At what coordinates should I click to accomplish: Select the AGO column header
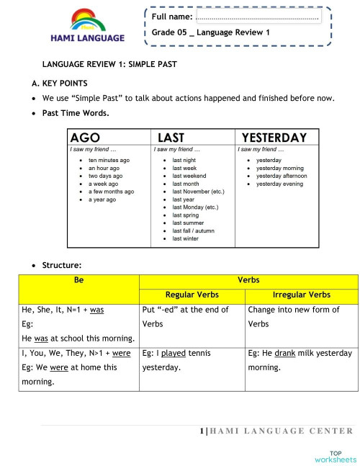[85, 138]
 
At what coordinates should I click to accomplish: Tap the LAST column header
[171, 138]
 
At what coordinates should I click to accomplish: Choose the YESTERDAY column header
[274, 138]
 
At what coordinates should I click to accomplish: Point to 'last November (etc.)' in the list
[198, 192]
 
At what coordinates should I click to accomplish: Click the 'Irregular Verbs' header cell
[302, 294]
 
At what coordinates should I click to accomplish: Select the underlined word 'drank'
[283, 353]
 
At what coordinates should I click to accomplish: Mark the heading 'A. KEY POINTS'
[63, 84]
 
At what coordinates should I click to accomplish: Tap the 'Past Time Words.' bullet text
[76, 113]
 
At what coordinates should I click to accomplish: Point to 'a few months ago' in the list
[111, 192]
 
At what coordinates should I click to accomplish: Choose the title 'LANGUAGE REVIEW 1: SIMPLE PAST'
[109, 64]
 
